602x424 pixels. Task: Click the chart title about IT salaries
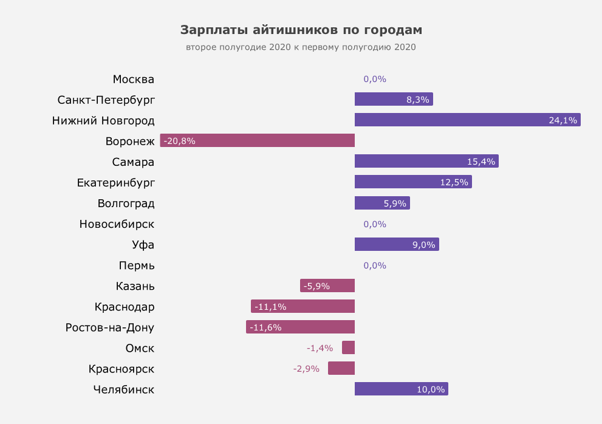301,30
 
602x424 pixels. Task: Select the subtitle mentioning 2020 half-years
301,47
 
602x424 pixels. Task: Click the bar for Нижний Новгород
467,120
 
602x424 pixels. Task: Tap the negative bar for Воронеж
257,140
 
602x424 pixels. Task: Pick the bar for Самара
426,161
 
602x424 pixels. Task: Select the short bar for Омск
348,347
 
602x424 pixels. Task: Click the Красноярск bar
341,368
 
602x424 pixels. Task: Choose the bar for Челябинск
401,389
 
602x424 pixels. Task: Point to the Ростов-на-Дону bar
300,327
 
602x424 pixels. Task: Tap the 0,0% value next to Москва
375,79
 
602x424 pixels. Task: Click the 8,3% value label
418,100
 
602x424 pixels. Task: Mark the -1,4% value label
320,348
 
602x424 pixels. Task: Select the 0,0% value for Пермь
375,265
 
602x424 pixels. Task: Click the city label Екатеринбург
115,182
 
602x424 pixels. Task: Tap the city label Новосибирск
117,224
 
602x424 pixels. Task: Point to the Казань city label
135,286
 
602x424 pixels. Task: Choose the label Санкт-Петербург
106,100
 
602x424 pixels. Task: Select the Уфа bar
396,244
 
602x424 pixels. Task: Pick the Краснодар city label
125,307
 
